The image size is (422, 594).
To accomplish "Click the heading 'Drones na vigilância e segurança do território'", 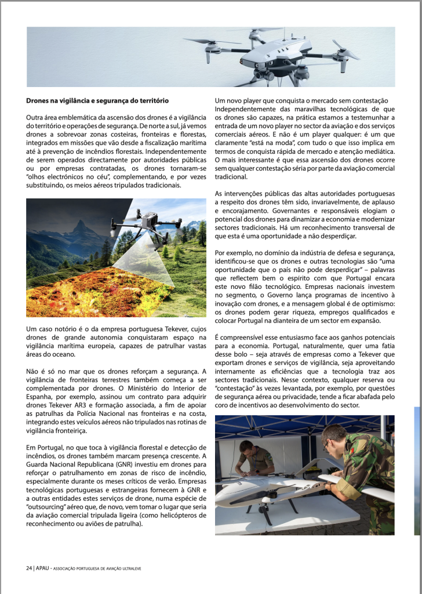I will coord(97,101).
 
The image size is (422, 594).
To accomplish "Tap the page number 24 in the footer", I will coord(29,567).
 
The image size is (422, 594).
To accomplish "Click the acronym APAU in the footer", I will coord(43,567).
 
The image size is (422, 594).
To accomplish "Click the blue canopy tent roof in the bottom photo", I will coord(261,424).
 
